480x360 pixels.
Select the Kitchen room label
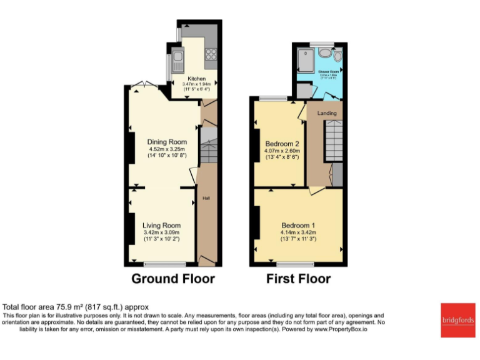197,79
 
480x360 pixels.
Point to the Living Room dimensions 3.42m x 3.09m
162,232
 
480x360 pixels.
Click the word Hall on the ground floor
206,199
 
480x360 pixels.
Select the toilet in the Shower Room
337,56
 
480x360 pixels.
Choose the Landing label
327,113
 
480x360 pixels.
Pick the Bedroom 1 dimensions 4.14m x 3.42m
298,232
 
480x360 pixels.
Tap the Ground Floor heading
172,279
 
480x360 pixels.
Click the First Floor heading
298,279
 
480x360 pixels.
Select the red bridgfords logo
457,320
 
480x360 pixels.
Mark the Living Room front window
161,264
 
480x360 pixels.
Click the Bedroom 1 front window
296,264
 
